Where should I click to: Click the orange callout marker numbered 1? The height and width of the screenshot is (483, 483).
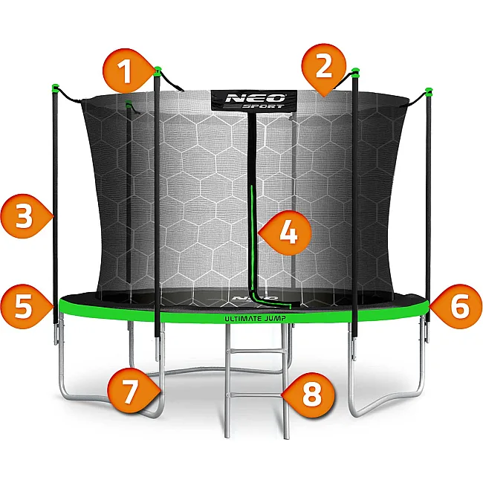127,71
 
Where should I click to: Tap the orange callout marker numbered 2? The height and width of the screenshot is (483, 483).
323,67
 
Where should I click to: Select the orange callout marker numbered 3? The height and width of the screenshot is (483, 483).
25,216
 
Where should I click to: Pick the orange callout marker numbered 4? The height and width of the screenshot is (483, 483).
286,233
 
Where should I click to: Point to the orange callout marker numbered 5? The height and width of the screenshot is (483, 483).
25,306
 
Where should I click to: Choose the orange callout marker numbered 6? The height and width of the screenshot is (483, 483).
457,306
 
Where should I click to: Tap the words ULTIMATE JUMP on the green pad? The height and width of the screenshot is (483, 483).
255,319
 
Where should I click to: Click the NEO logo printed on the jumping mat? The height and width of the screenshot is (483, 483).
255,298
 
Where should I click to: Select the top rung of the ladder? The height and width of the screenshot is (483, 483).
257,351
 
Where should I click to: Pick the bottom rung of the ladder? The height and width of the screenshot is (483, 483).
257,395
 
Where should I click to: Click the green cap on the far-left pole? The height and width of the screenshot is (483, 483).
55,88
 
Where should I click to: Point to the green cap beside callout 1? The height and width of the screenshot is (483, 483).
158,71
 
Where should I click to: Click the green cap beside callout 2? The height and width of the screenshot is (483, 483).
355,72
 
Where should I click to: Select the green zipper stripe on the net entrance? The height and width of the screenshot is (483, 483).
253,247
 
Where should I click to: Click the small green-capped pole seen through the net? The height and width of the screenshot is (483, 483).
129,191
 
